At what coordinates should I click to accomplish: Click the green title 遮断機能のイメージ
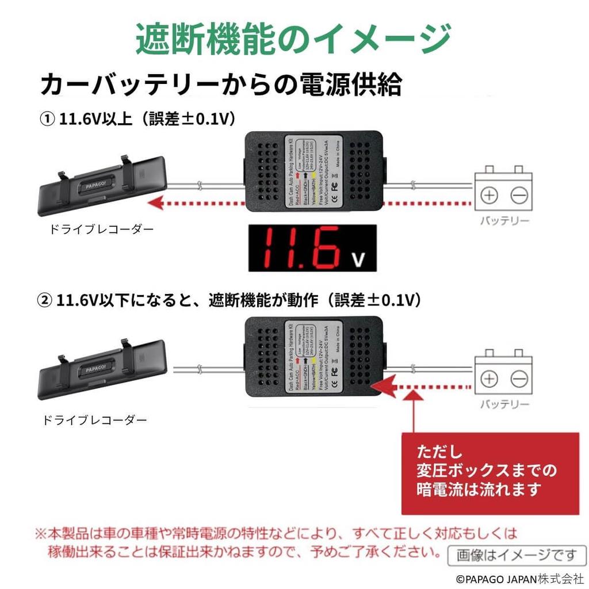pyautogui.click(x=293, y=39)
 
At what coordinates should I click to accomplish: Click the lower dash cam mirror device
pyautogui.click(x=102, y=369)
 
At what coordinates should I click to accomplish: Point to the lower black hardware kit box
pyautogui.click(x=314, y=357)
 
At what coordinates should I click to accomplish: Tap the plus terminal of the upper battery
pyautogui.click(x=489, y=196)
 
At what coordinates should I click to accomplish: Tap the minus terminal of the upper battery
pyautogui.click(x=519, y=196)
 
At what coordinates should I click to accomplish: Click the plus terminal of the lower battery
pyautogui.click(x=489, y=379)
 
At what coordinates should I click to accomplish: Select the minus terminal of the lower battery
pyautogui.click(x=519, y=379)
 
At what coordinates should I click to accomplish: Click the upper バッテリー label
pyautogui.click(x=504, y=221)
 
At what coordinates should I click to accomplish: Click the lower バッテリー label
pyautogui.click(x=504, y=405)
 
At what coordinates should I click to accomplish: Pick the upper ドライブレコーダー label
pyautogui.click(x=102, y=230)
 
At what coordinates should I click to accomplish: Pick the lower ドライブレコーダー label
pyautogui.click(x=94, y=420)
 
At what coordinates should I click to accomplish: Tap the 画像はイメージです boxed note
pyautogui.click(x=517, y=555)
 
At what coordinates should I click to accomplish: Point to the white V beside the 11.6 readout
pyautogui.click(x=358, y=260)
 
